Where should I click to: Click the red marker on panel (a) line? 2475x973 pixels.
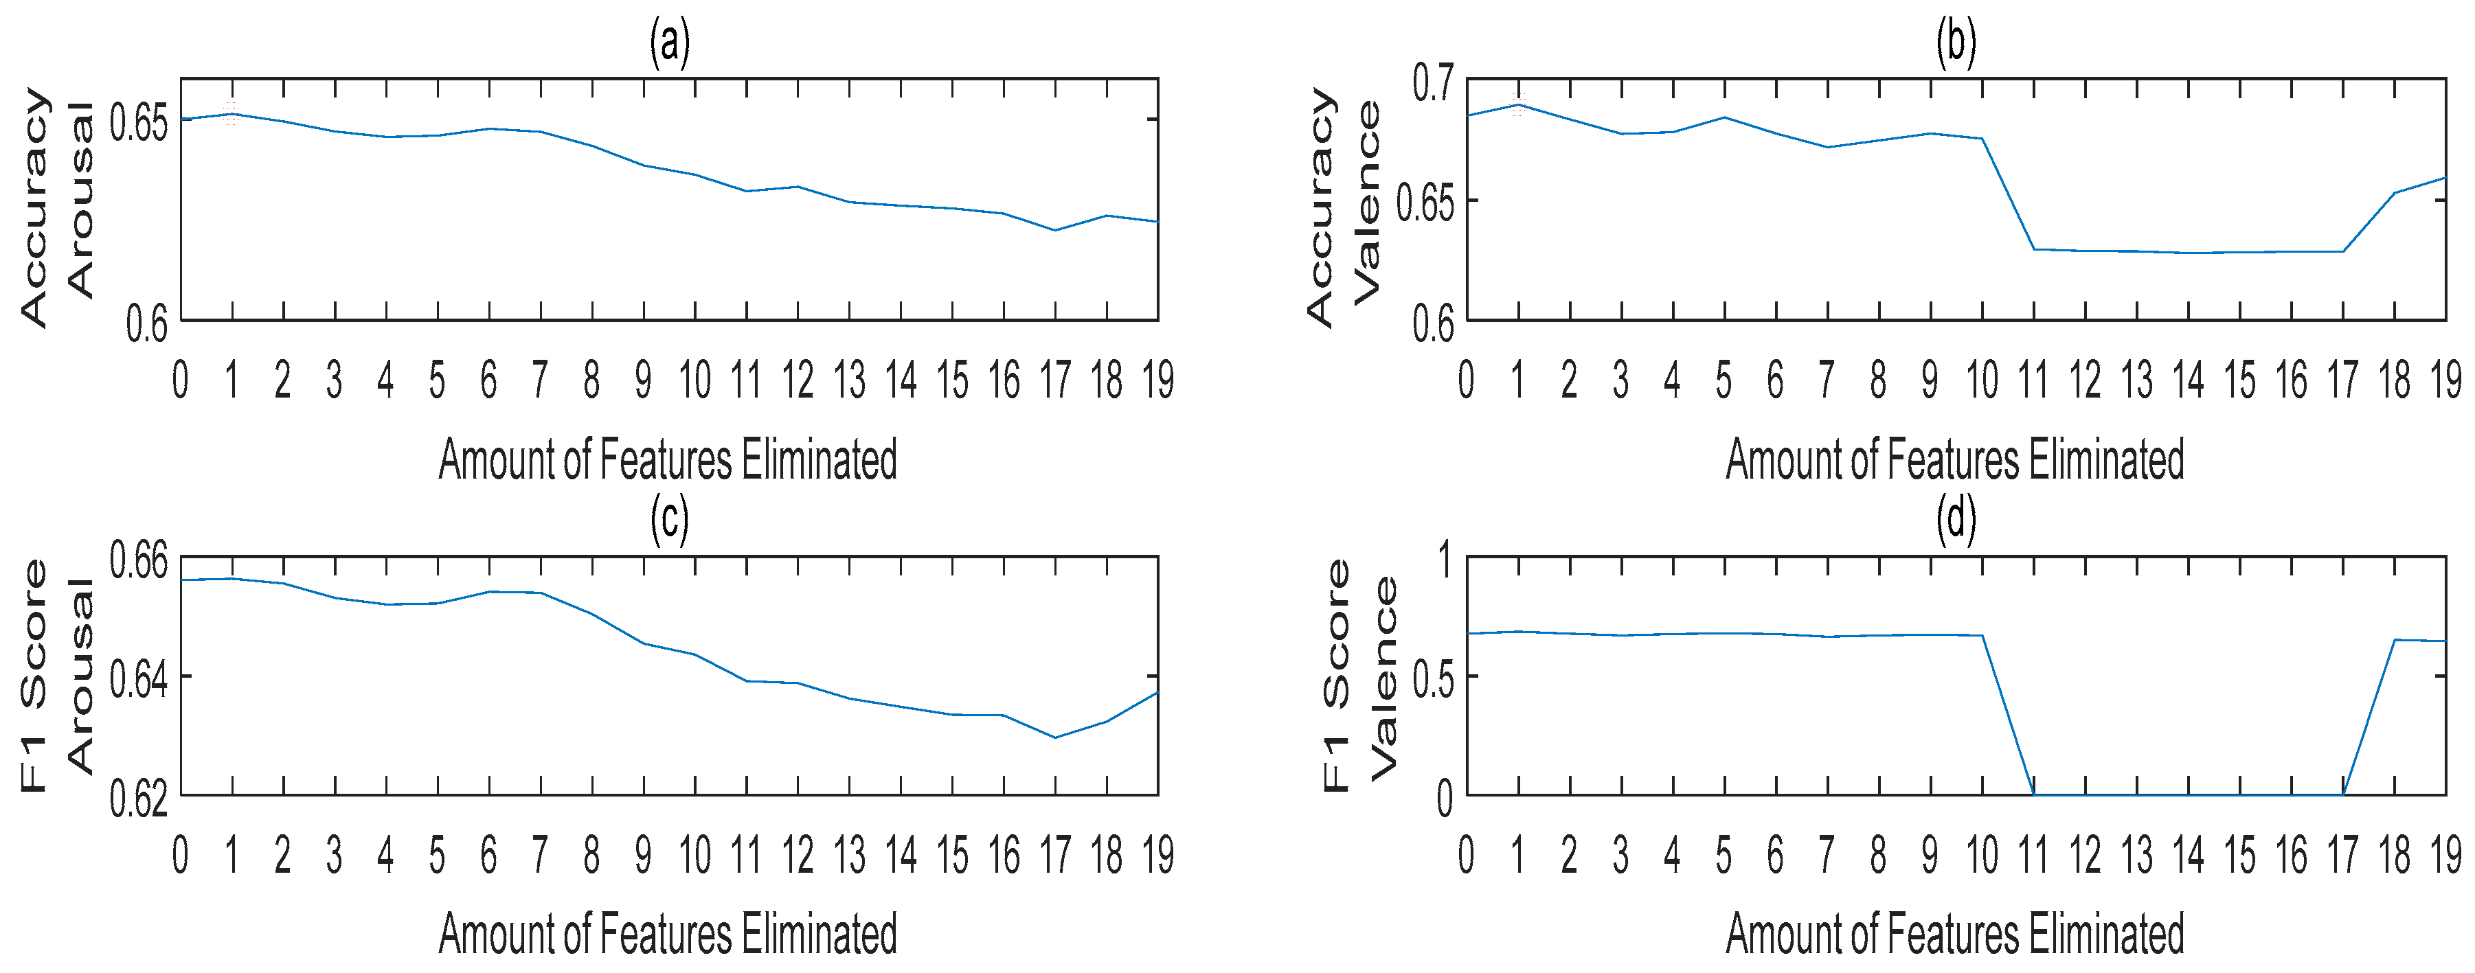coord(231,113)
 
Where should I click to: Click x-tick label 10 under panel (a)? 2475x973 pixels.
coord(694,380)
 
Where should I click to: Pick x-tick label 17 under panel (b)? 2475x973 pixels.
coord(2342,380)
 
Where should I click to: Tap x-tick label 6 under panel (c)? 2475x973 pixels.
coord(489,855)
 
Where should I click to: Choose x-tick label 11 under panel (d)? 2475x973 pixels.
coord(2033,855)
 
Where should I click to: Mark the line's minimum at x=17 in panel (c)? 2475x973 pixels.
coord(1055,737)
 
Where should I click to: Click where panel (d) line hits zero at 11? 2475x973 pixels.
coord(2034,793)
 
